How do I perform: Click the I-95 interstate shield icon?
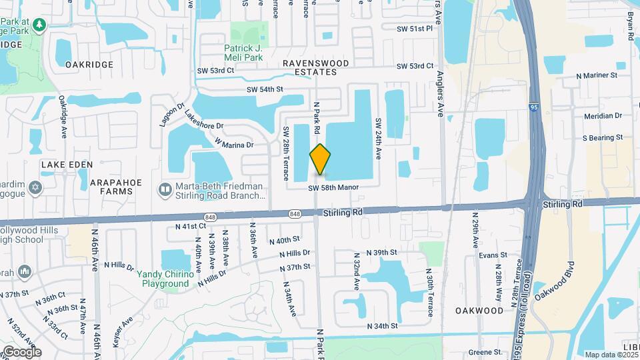[x=534, y=107]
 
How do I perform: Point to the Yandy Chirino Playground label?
[x=163, y=279]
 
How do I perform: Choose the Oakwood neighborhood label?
[x=479, y=311]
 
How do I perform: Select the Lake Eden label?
[x=65, y=164]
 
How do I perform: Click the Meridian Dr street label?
[x=603, y=115]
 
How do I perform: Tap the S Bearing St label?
[x=602, y=137]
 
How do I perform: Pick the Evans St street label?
[x=493, y=255]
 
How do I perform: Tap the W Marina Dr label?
[x=235, y=143]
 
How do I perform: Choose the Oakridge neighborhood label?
[x=89, y=65]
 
